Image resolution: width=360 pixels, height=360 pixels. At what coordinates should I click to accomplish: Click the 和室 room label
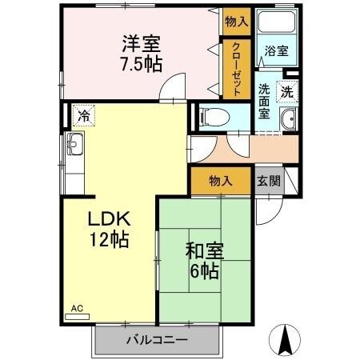(x=206, y=250)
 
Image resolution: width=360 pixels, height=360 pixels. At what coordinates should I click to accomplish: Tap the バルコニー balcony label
(x=157, y=342)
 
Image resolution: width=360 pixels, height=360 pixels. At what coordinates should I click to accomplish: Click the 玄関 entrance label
(x=268, y=181)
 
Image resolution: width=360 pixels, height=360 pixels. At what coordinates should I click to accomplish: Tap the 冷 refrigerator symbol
(x=83, y=115)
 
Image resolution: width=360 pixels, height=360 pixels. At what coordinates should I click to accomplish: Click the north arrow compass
(x=285, y=341)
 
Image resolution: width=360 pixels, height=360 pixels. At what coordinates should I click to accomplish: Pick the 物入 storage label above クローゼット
(x=236, y=21)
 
